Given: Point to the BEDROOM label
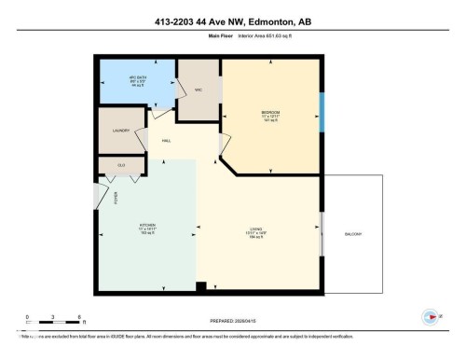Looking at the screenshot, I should pos(270,116).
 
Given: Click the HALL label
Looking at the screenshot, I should pos(166,141).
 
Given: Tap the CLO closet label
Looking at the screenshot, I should pos(121,165).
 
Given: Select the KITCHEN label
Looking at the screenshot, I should pos(146,228).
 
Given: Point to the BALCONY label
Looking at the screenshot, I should pos(353,233).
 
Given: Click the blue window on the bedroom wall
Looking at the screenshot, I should pos(322,112).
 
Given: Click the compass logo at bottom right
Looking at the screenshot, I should pos(431,315).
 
